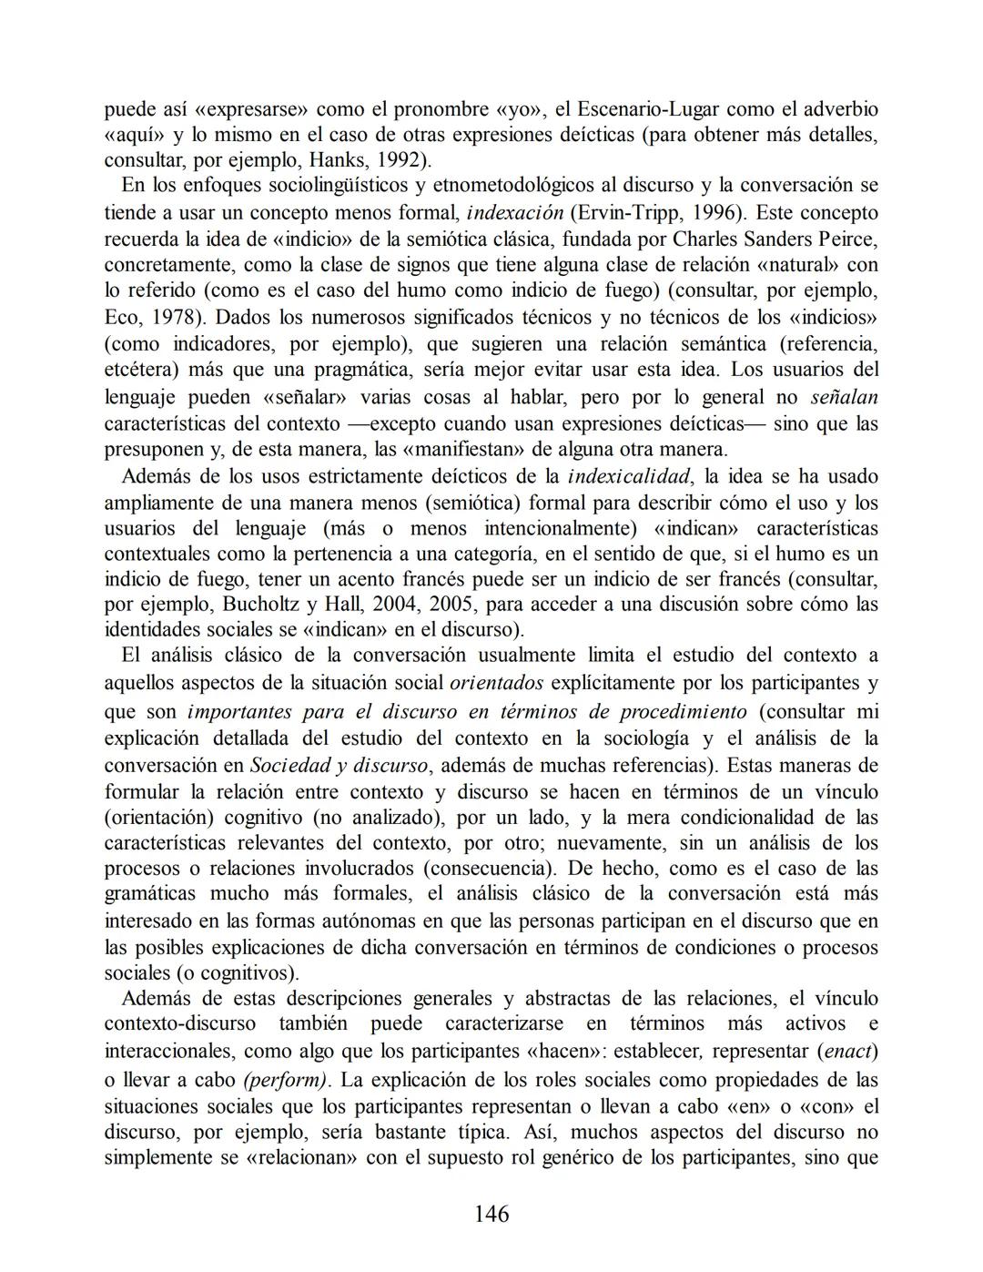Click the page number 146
(491, 1213)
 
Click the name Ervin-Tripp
(626, 213)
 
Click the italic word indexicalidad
(628, 476)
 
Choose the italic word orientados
(497, 683)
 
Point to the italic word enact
(847, 1051)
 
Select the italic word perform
(286, 1080)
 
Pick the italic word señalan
(844, 397)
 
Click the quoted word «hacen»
(566, 1051)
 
